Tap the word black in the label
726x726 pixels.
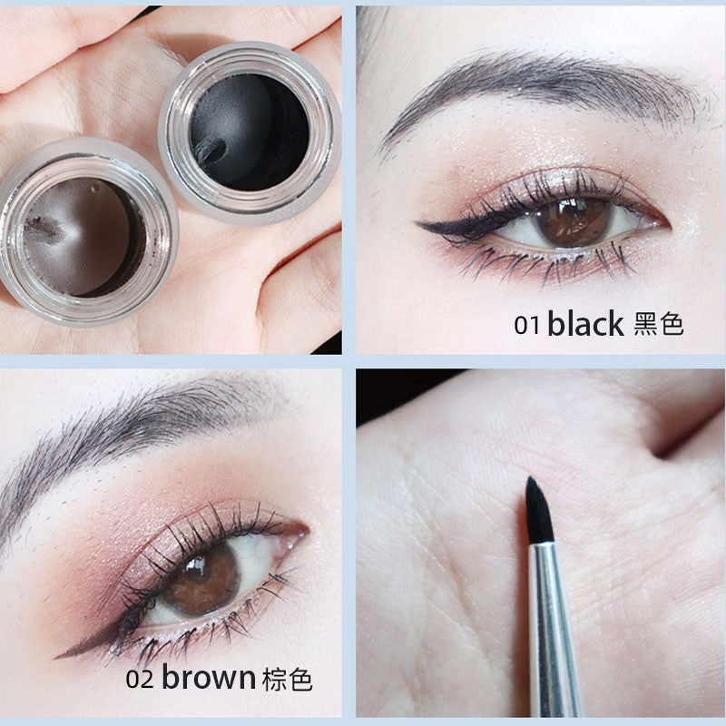[584, 324]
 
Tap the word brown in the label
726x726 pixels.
[209, 677]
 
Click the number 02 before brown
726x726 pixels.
[142, 679]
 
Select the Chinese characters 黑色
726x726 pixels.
[659, 324]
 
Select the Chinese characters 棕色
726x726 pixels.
[287, 678]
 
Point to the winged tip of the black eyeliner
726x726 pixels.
[420, 223]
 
